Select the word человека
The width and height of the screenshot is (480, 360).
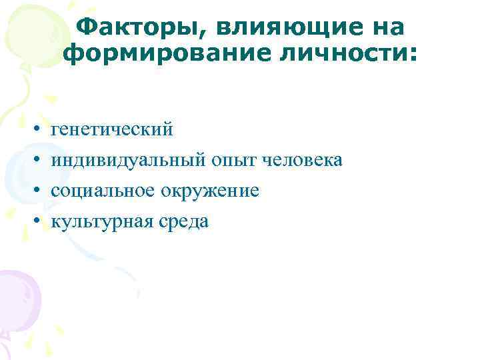pyautogui.click(x=304, y=160)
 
